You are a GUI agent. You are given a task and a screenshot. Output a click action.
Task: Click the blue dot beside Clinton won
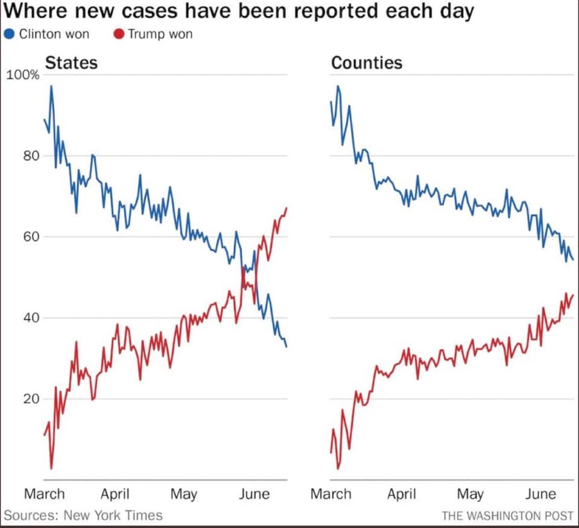click(10, 34)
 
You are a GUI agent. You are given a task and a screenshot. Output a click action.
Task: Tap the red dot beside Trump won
click(119, 34)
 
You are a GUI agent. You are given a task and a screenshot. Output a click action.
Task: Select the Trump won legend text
click(160, 34)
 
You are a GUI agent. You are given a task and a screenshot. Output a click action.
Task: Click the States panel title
click(71, 63)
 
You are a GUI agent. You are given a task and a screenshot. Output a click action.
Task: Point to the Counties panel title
click(367, 63)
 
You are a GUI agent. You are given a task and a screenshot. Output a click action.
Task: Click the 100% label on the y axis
click(23, 75)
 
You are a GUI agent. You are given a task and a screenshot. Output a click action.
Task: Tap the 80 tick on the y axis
click(31, 156)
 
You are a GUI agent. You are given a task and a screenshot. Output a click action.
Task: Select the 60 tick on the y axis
click(31, 237)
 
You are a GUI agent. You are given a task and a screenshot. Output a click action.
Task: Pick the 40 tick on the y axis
click(31, 318)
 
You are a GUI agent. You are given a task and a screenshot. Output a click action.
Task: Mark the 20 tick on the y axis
click(31, 399)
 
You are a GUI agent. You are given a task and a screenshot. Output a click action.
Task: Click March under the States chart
click(44, 494)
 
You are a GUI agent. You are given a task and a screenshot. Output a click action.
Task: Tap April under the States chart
click(115, 494)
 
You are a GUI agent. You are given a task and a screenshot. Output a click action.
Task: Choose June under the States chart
click(254, 494)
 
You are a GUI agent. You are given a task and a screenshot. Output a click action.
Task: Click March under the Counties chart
click(331, 494)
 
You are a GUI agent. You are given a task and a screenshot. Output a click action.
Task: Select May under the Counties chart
click(470, 494)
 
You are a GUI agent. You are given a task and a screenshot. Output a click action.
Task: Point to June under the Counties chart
click(540, 494)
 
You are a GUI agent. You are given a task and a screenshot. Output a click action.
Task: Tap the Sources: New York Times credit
click(83, 515)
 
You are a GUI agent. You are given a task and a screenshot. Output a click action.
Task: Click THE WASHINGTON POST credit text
click(507, 516)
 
